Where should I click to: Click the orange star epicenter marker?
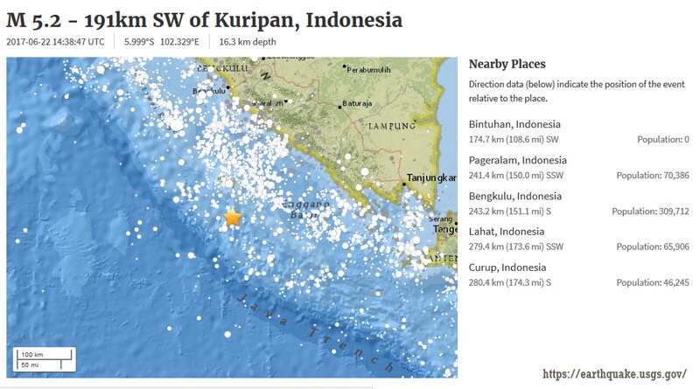[x=233, y=218]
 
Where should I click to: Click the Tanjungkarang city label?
[x=430, y=180]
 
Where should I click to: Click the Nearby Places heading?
[x=507, y=64]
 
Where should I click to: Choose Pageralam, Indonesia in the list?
[x=518, y=160]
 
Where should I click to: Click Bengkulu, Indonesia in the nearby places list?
[x=515, y=196]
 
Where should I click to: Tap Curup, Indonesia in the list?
[x=507, y=267]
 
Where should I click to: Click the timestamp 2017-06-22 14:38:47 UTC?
[x=56, y=41]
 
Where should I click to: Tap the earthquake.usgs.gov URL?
[x=614, y=373]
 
